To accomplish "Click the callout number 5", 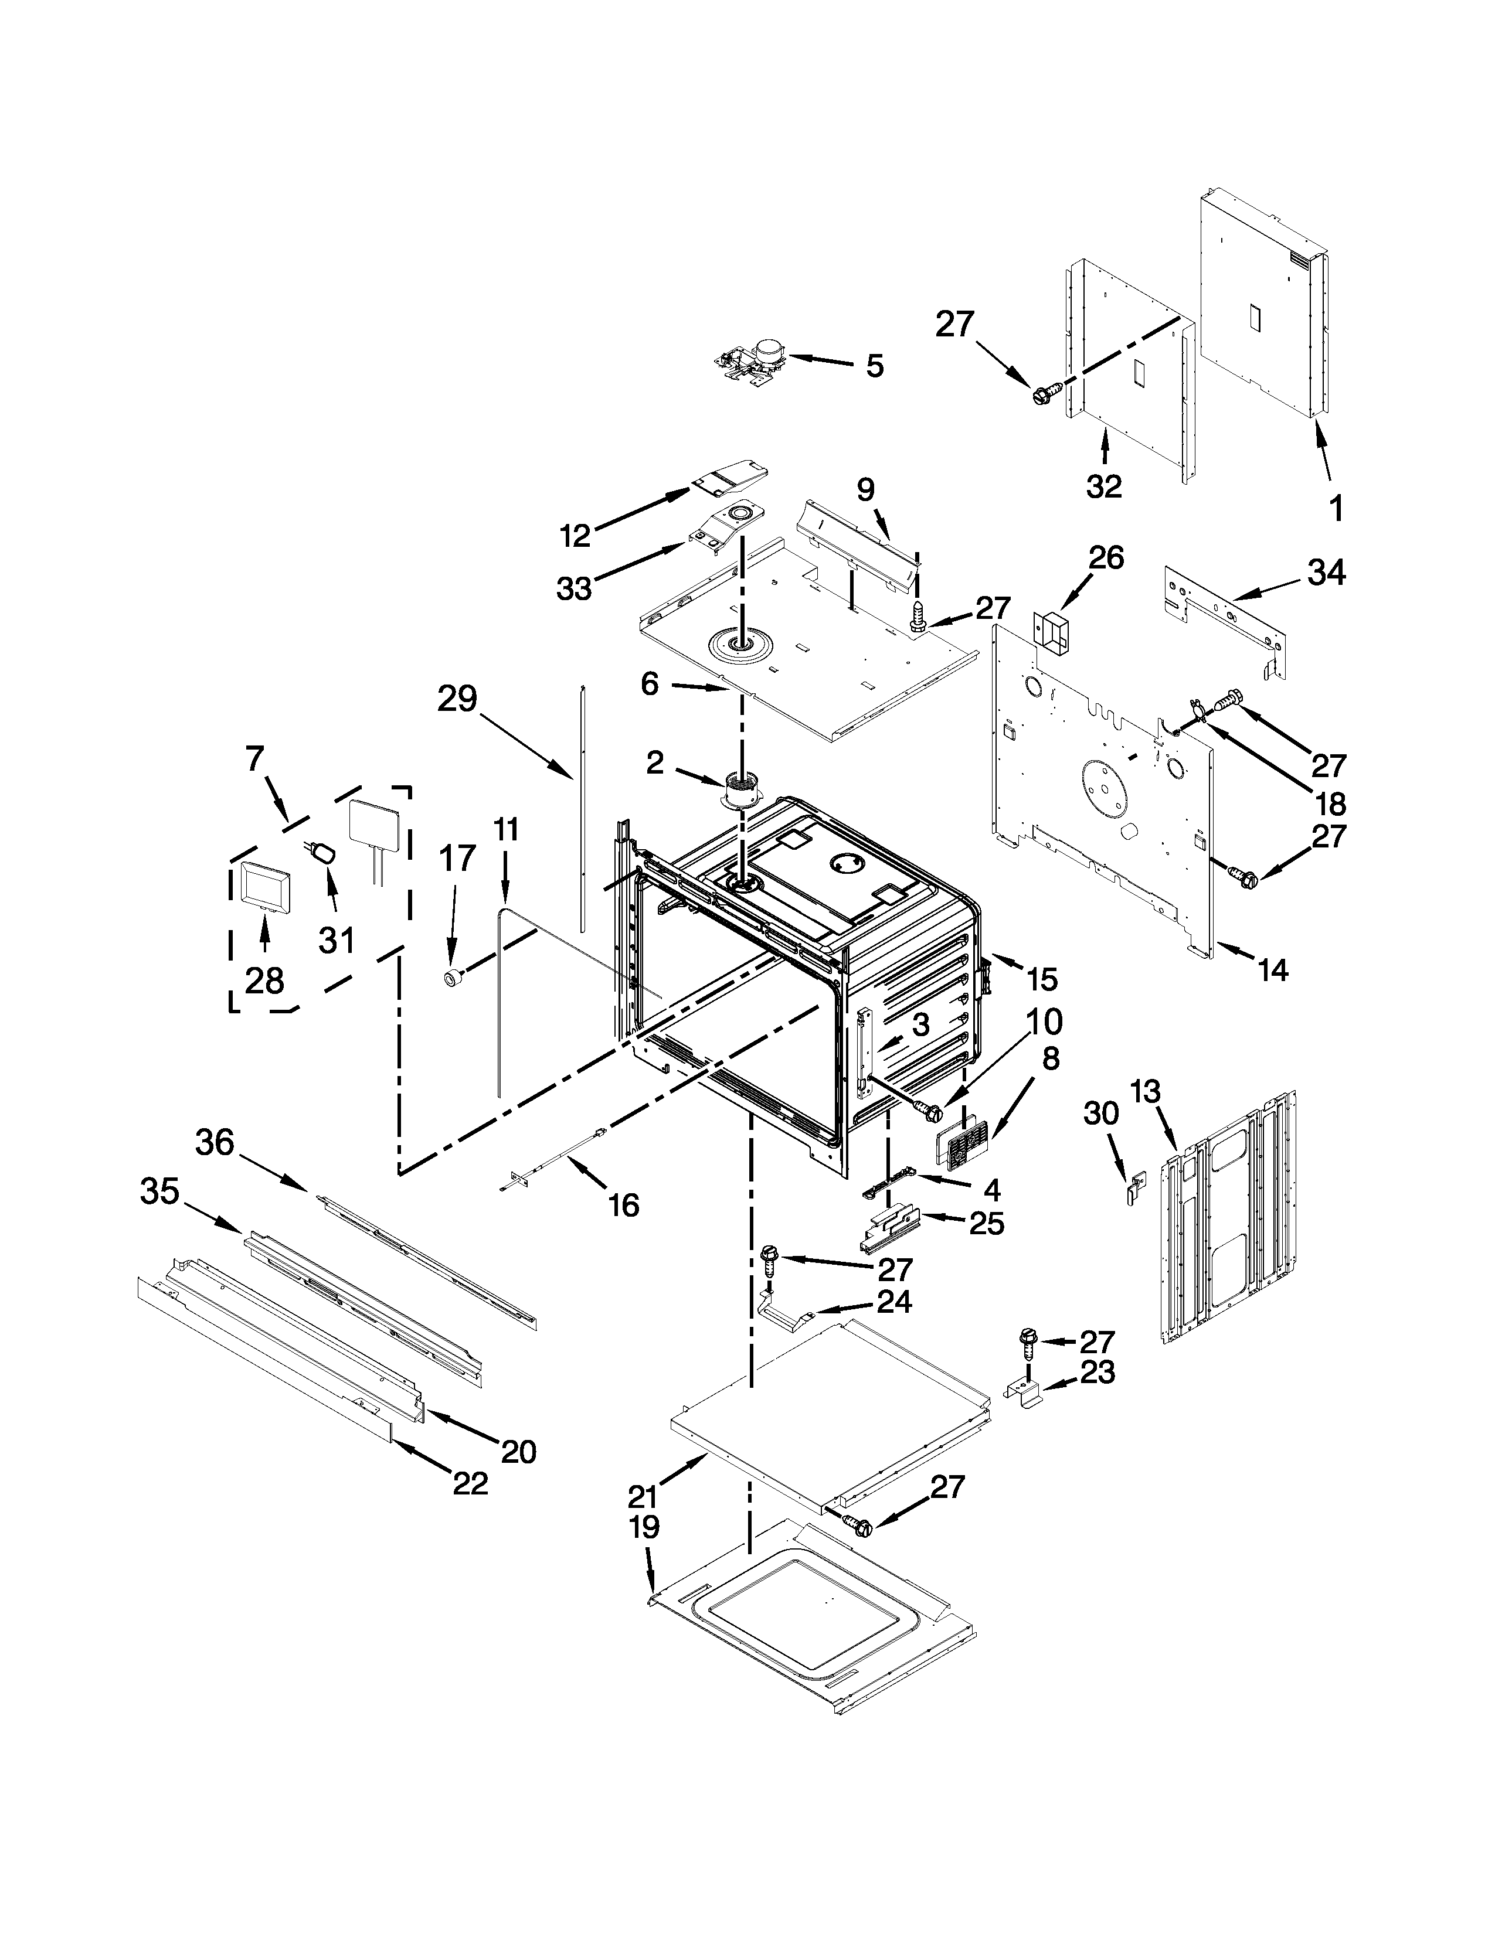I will (x=874, y=366).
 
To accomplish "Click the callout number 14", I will (x=1273, y=971).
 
